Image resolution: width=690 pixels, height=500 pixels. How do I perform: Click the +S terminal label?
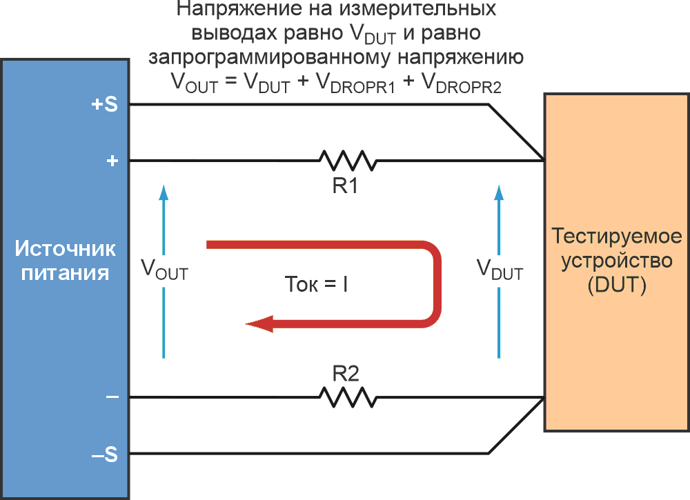tap(104, 105)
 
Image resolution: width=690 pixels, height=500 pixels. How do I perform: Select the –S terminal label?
tap(104, 455)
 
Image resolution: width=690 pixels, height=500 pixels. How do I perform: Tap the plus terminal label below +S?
tap(112, 161)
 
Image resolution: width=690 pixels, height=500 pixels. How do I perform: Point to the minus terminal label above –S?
tap(112, 397)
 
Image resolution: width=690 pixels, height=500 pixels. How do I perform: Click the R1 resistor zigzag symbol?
tap(348, 161)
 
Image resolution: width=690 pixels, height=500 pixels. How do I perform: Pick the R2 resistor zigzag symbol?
tap(348, 397)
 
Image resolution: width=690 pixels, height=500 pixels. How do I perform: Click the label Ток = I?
tap(316, 283)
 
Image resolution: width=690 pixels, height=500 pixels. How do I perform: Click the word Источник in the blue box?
tap(66, 248)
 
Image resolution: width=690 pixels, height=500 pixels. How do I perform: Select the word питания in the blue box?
tap(66, 272)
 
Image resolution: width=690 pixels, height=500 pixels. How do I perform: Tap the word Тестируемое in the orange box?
tap(617, 237)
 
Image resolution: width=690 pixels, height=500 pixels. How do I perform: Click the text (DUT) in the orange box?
tap(617, 285)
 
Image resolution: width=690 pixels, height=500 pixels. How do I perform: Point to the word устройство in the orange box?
tap(617, 261)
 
